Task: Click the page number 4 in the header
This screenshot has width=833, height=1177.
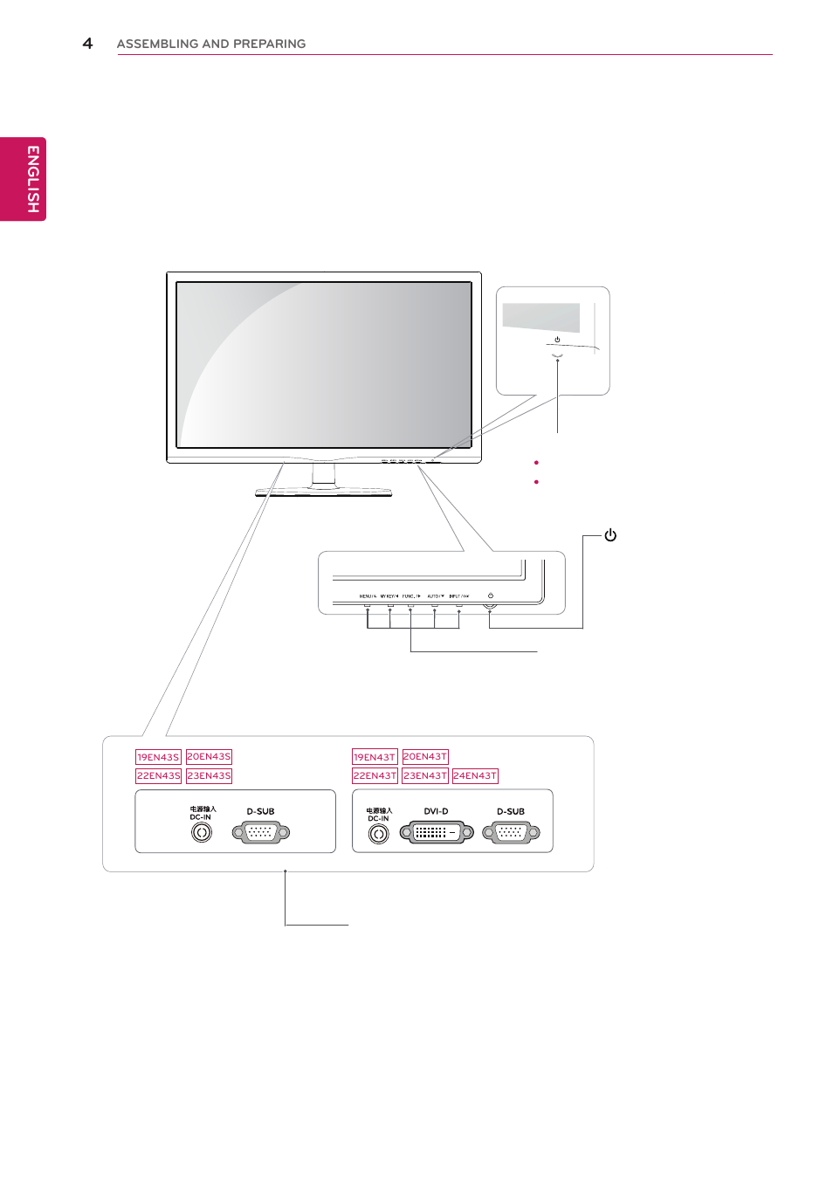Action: (x=87, y=43)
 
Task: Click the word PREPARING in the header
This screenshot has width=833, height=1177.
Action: (x=269, y=44)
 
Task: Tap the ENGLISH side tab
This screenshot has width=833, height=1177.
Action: (x=31, y=179)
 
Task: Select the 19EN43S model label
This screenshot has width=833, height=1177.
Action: (x=158, y=757)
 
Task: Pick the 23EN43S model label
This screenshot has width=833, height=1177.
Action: (x=209, y=775)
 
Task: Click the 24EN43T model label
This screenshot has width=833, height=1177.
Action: (x=475, y=775)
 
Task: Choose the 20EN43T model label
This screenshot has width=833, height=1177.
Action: (x=425, y=756)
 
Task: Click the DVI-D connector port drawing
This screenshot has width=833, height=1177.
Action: (x=437, y=833)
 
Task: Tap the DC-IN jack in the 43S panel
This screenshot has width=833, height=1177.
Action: (x=202, y=832)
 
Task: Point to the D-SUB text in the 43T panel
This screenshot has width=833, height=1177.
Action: (x=511, y=811)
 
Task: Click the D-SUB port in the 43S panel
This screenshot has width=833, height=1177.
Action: (x=260, y=833)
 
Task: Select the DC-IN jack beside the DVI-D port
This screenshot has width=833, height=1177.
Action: (x=378, y=834)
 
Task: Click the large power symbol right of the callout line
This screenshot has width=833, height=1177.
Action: (x=610, y=535)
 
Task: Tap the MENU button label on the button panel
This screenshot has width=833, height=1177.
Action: (x=367, y=596)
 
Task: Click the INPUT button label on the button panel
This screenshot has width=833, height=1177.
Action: (x=458, y=596)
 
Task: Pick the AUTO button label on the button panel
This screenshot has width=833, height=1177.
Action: (x=435, y=596)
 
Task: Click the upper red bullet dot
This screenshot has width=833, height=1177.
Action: (x=536, y=463)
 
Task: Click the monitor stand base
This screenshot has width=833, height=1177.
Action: (x=323, y=492)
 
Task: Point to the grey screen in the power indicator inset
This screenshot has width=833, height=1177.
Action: (x=541, y=316)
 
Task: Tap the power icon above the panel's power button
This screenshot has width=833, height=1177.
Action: (x=491, y=595)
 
